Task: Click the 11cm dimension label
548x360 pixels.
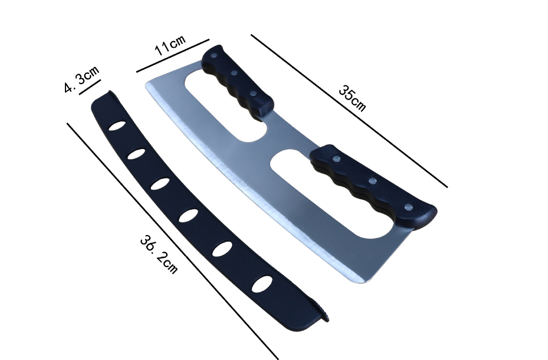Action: [170, 45]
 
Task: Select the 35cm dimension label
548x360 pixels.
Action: [352, 99]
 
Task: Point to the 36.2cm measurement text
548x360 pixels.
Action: [159, 254]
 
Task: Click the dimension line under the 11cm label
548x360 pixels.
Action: [173, 56]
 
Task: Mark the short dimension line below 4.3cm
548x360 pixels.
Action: [90, 87]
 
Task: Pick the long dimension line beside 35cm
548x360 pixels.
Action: [349, 111]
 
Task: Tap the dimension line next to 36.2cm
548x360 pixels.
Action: [173, 241]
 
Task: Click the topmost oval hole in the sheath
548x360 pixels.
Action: [117, 126]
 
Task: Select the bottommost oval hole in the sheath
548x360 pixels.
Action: [262, 284]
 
